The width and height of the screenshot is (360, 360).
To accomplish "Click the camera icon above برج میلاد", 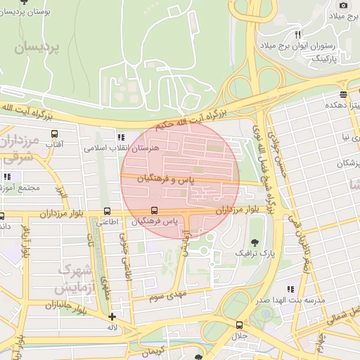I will pos(343,5).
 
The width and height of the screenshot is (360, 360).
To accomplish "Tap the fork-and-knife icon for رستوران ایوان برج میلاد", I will pos(297,34).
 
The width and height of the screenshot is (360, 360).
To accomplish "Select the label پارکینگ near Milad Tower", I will pos(324,59).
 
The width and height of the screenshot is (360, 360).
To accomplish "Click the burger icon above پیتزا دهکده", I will pos(342,94).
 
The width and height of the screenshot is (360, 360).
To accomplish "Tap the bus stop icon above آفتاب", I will pos(55,132).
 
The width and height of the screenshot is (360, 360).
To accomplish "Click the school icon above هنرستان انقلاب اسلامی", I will pos(121,137).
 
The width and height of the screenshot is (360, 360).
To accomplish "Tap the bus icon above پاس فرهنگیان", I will pos(154,210).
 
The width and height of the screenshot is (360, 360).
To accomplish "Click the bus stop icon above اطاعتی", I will pos(107,210).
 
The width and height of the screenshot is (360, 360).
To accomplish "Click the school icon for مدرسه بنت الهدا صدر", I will pos(290,288).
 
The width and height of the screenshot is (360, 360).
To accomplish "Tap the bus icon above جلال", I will pos(240,325).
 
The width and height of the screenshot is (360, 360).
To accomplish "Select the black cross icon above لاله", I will pos(112,316).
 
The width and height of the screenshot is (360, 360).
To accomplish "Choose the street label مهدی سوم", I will pos(167,296).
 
